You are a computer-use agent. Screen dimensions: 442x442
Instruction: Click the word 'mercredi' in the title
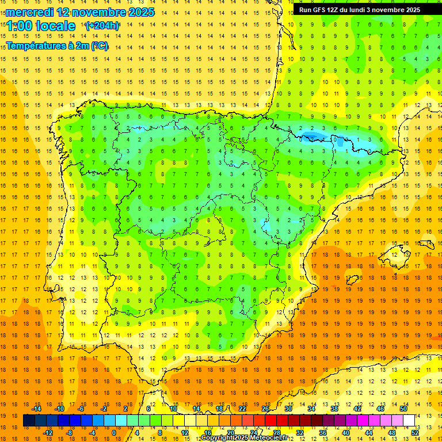coord(29,12)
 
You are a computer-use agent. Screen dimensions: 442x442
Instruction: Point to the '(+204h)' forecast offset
coord(102,26)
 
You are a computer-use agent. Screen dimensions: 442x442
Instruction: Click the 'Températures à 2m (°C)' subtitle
coord(57,45)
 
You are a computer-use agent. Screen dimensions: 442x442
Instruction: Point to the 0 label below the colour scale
coord(114,433)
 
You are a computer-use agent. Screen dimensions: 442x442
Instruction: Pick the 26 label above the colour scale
coord(265,409)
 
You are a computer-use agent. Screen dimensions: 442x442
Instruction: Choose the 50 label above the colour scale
coord(403,409)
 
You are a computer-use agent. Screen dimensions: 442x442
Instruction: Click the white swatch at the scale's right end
coord(409,421)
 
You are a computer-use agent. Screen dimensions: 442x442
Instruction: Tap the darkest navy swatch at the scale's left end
coord(29,421)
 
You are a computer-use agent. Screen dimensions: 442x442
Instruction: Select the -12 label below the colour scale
coord(48,433)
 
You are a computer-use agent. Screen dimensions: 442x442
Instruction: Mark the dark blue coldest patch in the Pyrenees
coord(311,136)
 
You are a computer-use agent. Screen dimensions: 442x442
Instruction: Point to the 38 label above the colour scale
coord(334,409)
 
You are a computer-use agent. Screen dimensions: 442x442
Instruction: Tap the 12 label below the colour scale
coord(185,433)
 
